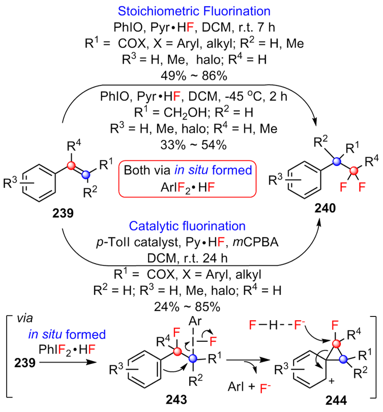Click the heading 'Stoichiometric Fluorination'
coord(194,11)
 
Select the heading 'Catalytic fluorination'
coord(187,226)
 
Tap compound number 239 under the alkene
coord(63,213)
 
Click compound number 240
coord(326,208)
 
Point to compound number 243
coord(176,400)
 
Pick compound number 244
coord(336,401)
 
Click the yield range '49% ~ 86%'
coord(194,76)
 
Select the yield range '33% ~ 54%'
coord(193,145)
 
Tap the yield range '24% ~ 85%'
coord(187,307)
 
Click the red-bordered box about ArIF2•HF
coord(187,179)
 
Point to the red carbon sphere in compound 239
coord(71,165)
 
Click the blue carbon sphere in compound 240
coord(337,162)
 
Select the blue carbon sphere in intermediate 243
coord(193,358)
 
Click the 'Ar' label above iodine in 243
coord(195,321)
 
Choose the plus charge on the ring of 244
coord(332,381)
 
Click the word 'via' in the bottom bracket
coord(25,318)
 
